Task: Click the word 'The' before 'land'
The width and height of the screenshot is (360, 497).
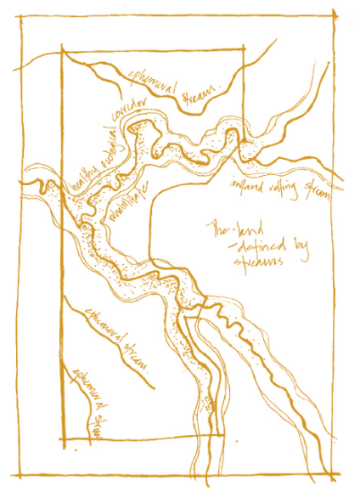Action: tap(222, 229)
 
